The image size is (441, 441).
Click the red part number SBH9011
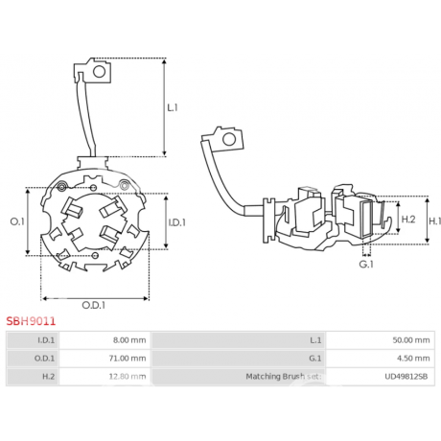coord(31,321)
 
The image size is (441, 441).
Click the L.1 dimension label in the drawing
coord(173,107)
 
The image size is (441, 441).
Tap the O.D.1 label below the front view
coord(93,305)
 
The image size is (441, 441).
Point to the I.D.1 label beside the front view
coord(177,222)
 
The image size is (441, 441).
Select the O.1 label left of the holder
coord(17,221)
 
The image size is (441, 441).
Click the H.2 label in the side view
coord(408,220)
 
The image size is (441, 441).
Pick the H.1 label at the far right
coord(434,220)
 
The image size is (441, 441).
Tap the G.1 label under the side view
coord(366,265)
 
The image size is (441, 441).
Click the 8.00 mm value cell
coord(129,340)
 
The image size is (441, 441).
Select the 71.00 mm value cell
coord(128,359)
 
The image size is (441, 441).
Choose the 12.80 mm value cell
coord(128,377)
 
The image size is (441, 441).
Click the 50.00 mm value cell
coord(411,340)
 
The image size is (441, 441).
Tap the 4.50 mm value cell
coord(413,359)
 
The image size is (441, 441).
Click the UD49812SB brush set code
coord(406,377)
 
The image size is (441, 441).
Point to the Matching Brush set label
coord(284,377)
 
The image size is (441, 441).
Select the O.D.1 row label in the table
coord(44,359)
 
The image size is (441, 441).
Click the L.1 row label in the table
coord(315,340)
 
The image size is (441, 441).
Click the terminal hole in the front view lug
coord(99,72)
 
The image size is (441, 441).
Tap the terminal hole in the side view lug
coord(229,139)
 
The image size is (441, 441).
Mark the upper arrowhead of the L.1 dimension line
coord(164,61)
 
